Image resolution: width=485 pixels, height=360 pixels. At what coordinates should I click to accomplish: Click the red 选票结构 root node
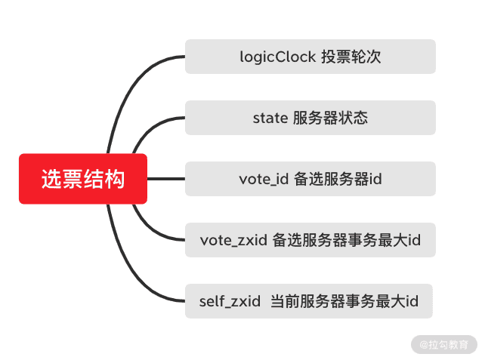[83, 179]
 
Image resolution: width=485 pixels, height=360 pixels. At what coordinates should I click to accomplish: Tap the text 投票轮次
[348, 57]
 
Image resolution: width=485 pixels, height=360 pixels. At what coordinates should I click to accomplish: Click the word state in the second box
[269, 118]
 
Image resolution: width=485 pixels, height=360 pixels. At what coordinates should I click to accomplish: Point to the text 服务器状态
[330, 118]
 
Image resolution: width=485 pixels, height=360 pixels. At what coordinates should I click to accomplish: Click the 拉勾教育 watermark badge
[444, 343]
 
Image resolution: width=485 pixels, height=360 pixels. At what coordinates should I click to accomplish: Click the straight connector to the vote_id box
[166, 179]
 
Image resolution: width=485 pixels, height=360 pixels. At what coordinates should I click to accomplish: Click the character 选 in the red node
[51, 179]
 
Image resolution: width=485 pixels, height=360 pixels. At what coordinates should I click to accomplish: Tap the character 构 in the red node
[115, 179]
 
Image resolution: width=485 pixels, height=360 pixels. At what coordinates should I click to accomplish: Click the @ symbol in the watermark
[424, 343]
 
